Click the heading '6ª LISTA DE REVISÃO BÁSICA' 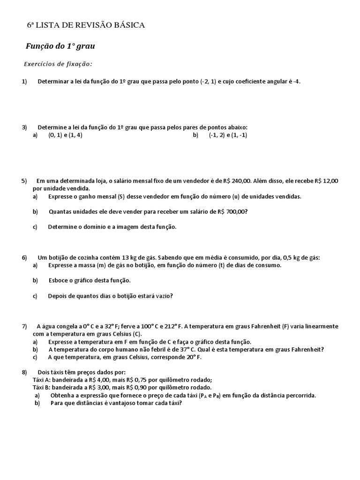pyautogui.click(x=86, y=25)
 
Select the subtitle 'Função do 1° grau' pyautogui.click(x=60, y=46)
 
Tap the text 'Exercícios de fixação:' pyautogui.click(x=58, y=64)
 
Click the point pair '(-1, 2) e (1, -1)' pyautogui.click(x=228, y=135)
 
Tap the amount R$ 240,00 pyautogui.click(x=238, y=181)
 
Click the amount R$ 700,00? pyautogui.click(x=232, y=211)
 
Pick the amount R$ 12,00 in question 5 pyautogui.click(x=326, y=181)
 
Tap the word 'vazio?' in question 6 pyautogui.click(x=164, y=296)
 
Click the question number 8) pyautogui.click(x=25, y=372)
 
